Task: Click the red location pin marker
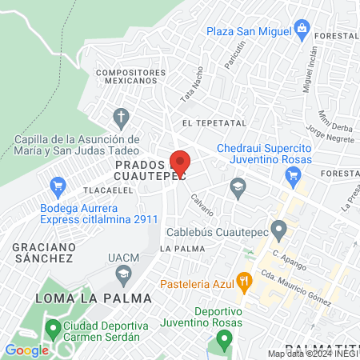180,162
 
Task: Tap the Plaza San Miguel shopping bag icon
302,30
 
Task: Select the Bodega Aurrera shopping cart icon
57,189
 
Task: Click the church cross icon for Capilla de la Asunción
121,119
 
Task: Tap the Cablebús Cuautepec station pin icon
278,233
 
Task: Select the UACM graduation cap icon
123,276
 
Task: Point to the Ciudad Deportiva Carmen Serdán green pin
54,327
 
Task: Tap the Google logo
26,350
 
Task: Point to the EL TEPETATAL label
211,122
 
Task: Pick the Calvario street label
202,205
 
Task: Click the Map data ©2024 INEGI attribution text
313,354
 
